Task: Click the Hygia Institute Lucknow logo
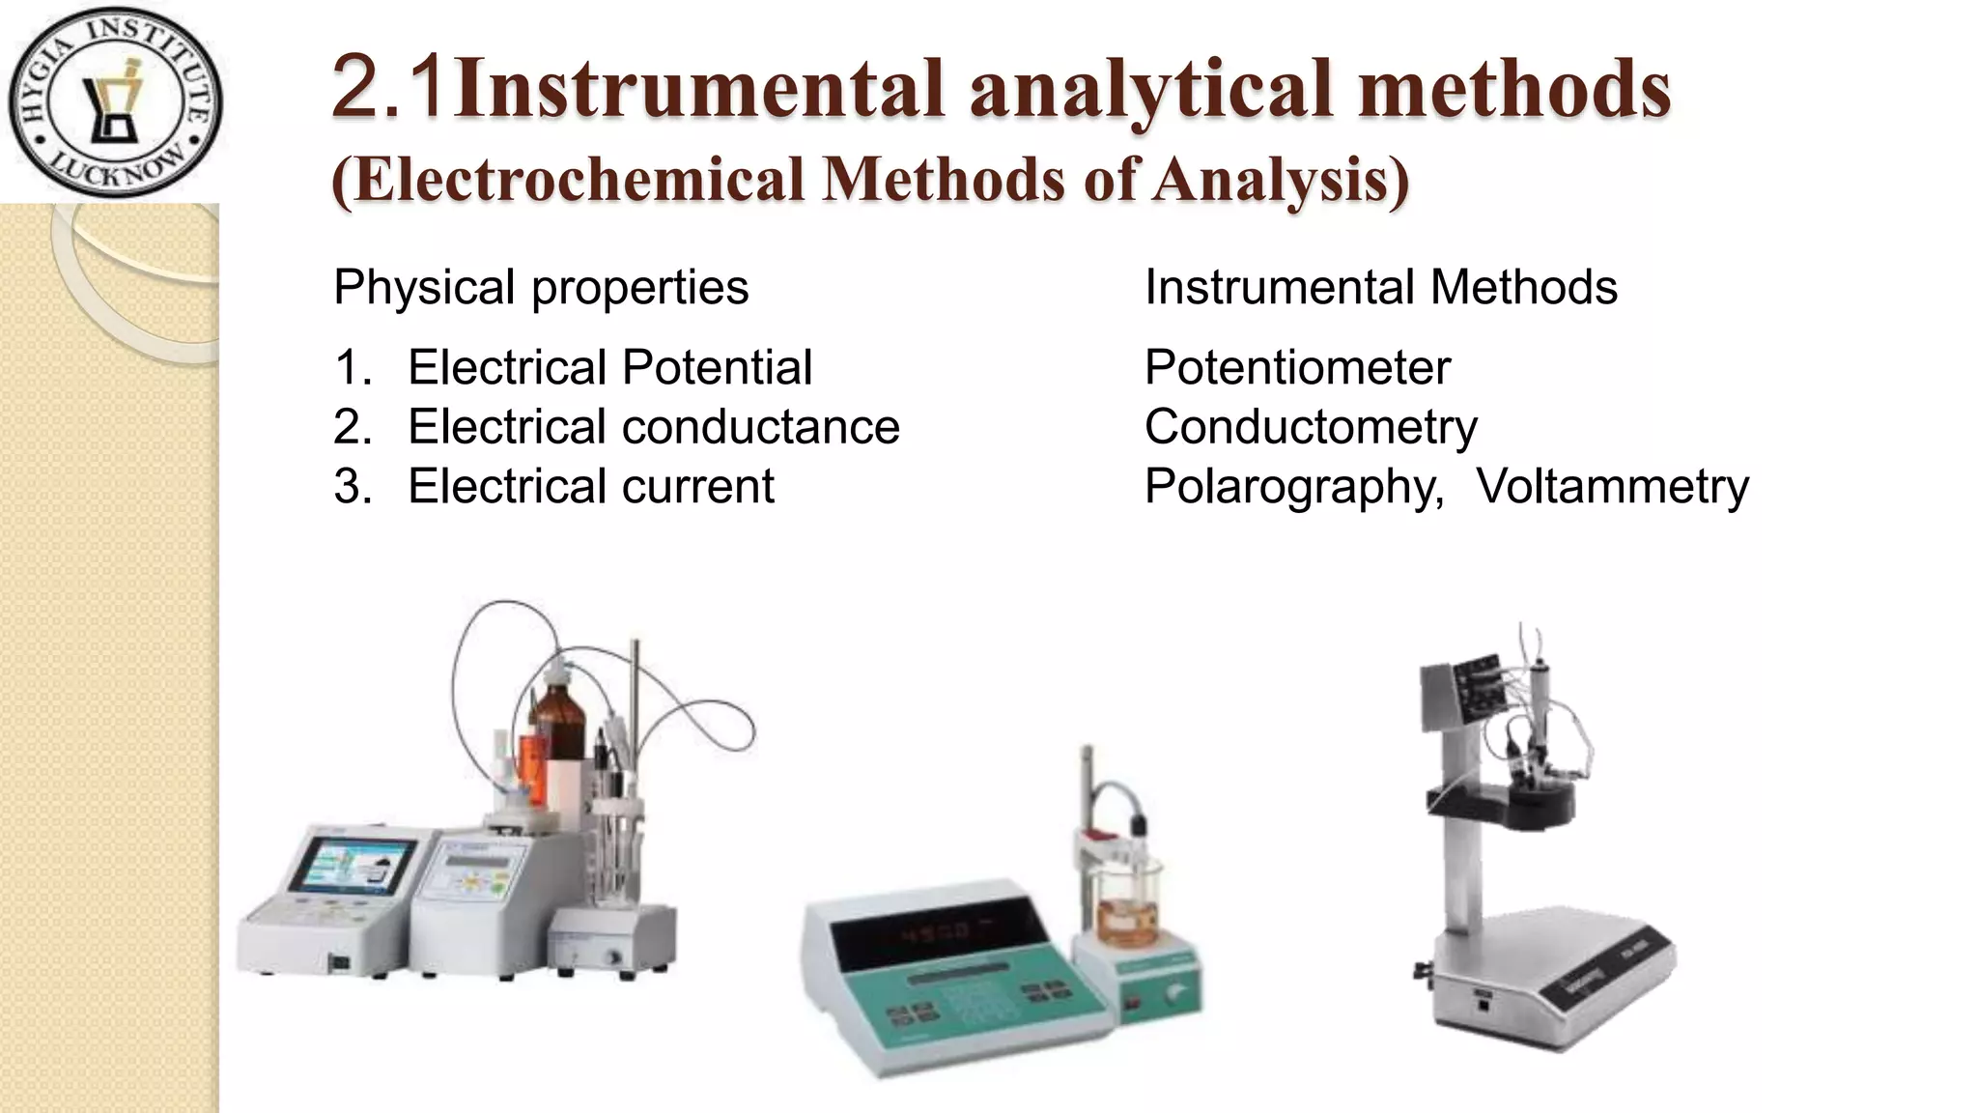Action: [115, 101]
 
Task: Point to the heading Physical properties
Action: [541, 287]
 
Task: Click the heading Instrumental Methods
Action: [1380, 287]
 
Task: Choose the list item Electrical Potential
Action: [609, 367]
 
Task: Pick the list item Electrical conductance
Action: [653, 427]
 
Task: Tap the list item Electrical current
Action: [590, 486]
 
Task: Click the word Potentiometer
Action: [1297, 367]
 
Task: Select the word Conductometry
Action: [1311, 427]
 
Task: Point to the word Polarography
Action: [1293, 487]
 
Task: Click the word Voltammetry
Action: [1612, 486]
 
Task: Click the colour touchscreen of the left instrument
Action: [353, 863]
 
